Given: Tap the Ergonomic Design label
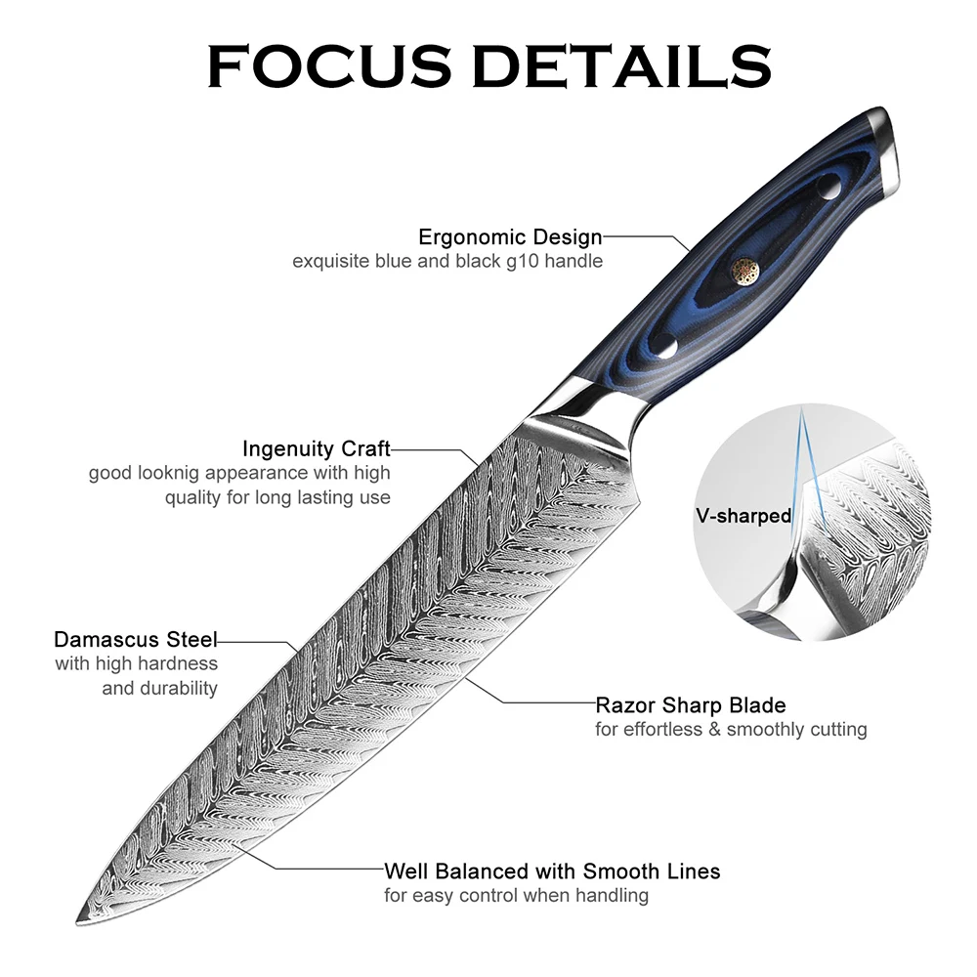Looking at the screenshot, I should click(x=510, y=236).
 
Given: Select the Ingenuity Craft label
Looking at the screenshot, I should click(x=316, y=448).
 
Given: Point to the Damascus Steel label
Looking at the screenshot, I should click(x=136, y=640).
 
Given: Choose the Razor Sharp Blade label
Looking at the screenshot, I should click(x=691, y=704).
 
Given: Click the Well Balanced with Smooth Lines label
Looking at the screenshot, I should click(x=552, y=871).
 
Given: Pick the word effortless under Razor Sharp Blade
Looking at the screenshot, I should click(x=664, y=730).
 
